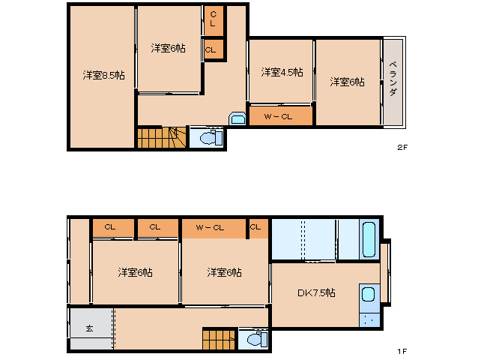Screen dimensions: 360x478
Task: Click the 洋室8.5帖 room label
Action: point(103,75)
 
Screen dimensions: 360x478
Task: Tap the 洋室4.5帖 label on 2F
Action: point(282,73)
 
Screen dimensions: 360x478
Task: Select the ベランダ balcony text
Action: point(393,80)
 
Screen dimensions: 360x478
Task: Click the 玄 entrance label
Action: point(89,328)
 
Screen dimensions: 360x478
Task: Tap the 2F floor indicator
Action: point(402,147)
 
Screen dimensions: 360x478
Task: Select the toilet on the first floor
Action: point(253,340)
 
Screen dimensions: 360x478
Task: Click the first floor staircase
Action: point(219,339)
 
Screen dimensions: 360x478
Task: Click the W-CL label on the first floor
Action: point(210,227)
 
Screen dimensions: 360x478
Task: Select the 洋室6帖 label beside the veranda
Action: point(348,82)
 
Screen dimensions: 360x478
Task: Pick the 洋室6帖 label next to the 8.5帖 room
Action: point(168,48)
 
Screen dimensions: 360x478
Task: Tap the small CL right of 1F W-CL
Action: point(256,226)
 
